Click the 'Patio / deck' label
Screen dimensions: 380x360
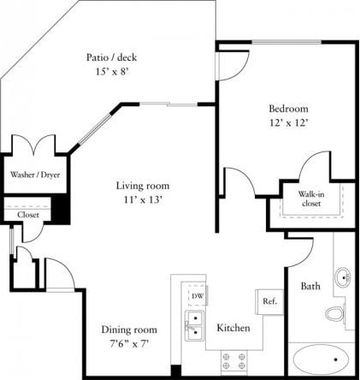pos(112,57)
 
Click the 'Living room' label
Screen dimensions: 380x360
pos(143,186)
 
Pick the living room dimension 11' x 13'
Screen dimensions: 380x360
pos(143,199)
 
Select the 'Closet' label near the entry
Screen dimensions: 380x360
pos(28,215)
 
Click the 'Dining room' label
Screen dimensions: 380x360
pos(129,330)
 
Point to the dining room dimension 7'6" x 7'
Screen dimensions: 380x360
pos(129,343)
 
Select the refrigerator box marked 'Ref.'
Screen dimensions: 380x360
pos(269,301)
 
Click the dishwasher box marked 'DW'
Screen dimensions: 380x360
pos(198,296)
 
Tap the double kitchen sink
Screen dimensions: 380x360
pos(195,326)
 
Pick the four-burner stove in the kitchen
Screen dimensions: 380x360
pos(233,362)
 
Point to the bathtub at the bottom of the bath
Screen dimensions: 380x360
pos(320,359)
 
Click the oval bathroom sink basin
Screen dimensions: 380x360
pos(344,277)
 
